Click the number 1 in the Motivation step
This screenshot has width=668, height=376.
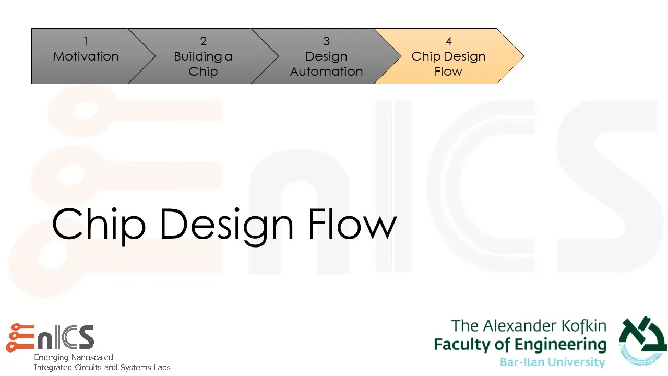(86, 41)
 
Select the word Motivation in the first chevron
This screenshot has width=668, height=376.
(86, 56)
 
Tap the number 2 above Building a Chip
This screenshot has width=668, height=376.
(203, 41)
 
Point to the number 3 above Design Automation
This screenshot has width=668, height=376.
(326, 41)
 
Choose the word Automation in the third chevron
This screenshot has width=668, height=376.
(326, 72)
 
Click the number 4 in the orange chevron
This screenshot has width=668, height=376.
(448, 41)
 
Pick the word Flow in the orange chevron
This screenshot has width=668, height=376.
(448, 72)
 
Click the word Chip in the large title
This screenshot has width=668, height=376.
(98, 224)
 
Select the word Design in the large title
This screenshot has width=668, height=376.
(226, 225)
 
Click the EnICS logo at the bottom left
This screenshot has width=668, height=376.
(50, 337)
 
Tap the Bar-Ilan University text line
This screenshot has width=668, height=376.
(552, 362)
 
